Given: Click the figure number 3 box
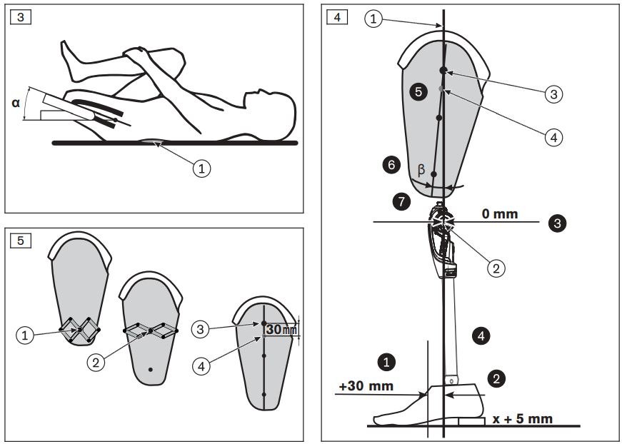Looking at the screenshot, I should point(20,16).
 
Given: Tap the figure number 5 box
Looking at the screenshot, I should point(20,240).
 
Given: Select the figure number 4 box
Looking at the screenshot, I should point(336,16).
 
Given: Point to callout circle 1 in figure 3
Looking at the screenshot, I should point(203,168).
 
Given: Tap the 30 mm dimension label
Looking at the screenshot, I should point(280,330).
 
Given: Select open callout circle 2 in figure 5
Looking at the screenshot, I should point(95,361).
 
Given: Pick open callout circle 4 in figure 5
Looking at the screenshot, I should point(201,365).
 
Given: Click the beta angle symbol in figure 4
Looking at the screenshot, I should point(421,171).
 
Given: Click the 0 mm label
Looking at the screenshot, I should point(500,213).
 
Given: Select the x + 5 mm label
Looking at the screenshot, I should point(523,418).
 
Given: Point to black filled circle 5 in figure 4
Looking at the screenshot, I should point(418,91).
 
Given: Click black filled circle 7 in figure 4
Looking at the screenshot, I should point(401,202).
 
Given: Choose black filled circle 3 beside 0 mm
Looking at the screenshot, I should point(557,223).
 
